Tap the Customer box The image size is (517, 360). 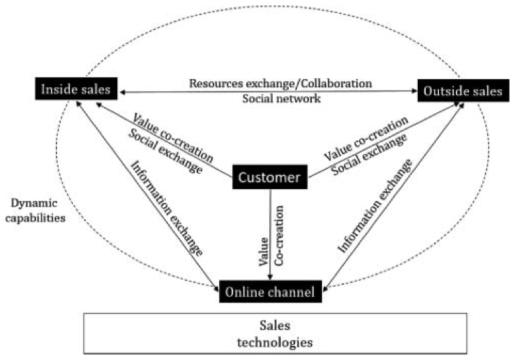(269, 177)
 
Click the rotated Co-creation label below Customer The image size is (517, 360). (279, 236)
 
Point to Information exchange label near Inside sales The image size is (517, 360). (167, 207)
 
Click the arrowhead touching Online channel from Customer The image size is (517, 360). (270, 277)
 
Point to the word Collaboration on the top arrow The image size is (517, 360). (334, 83)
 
